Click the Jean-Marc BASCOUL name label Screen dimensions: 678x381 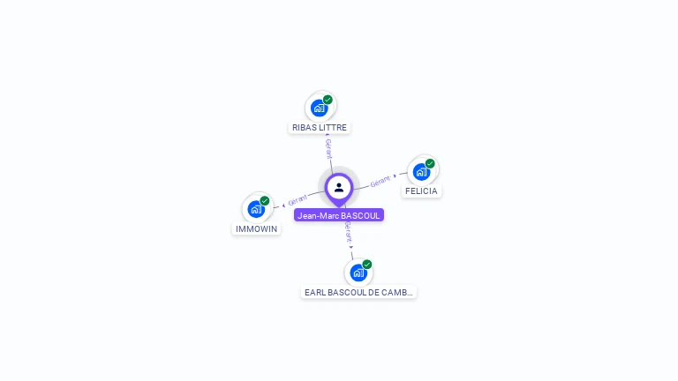[339, 215]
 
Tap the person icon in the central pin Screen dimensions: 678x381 [339, 188]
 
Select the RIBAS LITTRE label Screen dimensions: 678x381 [319, 127]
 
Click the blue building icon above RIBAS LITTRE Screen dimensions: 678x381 [319, 108]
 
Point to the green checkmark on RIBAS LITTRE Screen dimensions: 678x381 [328, 100]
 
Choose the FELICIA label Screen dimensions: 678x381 [421, 190]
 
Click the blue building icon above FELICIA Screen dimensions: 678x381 [421, 172]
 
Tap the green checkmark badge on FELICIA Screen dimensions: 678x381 [430, 163]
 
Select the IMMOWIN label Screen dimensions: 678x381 [256, 229]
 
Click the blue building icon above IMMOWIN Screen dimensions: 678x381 [256, 209]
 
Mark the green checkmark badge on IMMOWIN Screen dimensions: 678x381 [265, 201]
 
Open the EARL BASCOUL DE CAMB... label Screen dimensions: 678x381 [358, 293]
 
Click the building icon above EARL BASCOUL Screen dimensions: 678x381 [358, 273]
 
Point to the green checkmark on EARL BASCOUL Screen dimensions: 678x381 [367, 265]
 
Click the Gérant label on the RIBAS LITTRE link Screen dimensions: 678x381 [328, 148]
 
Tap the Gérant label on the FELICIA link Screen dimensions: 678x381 [380, 182]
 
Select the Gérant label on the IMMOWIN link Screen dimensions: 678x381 [298, 200]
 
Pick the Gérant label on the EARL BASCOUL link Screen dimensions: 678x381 [349, 232]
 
